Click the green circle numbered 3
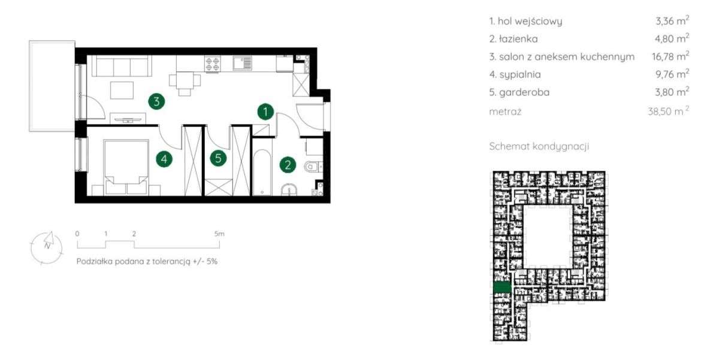coord(156,102)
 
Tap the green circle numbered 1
coord(265,111)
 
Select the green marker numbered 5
coord(218,158)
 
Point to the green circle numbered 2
coord(288,165)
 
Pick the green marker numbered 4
coord(164,159)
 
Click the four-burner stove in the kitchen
coord(213,63)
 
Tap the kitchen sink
coord(242,63)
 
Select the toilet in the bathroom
coord(313,167)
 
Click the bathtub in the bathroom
coord(262,172)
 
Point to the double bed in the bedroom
coord(126,167)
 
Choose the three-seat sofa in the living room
coord(122,66)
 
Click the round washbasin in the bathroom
coord(289,190)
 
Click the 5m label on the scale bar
coord(219,234)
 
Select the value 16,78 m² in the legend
coord(670,56)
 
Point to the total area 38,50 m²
coord(668,111)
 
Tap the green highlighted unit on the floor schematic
coord(502,287)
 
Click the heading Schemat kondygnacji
coord(539,146)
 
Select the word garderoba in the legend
coord(524,92)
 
